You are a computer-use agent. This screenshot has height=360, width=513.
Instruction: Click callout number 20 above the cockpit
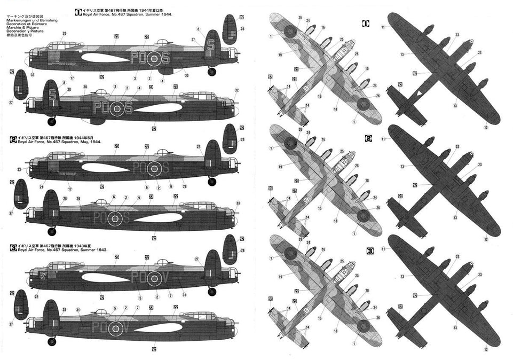(x=64, y=34)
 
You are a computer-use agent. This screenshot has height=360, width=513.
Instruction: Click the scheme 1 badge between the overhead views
(x=366, y=24)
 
